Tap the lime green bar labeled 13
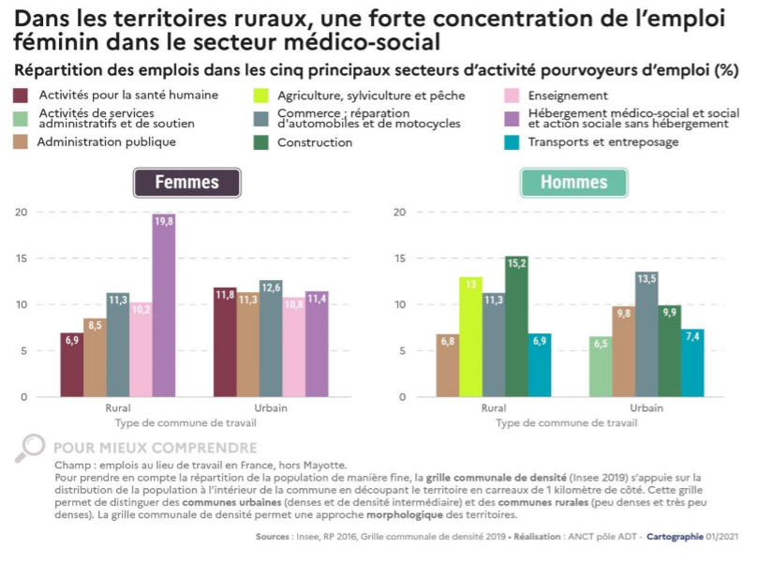(471, 336)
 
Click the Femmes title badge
(187, 183)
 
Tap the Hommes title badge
(574, 183)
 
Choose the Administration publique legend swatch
(21, 142)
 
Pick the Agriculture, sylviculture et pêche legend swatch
(261, 96)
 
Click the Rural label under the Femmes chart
(118, 408)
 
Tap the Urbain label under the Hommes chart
(646, 408)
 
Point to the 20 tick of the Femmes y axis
(21, 212)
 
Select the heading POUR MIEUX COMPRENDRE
(155, 448)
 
